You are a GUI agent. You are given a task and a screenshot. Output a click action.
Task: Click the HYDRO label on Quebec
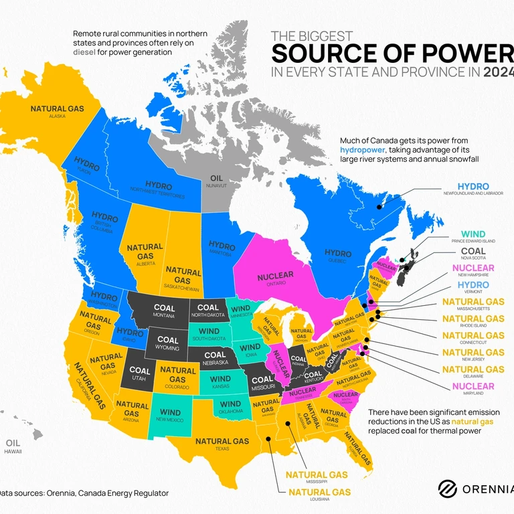337,253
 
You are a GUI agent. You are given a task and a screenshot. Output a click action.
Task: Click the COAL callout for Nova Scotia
473,251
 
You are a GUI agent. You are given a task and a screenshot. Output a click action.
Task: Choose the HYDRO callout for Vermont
473,285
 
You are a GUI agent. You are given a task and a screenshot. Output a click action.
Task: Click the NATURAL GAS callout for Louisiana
319,492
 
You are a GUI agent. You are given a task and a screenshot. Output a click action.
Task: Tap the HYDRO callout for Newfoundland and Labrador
473,186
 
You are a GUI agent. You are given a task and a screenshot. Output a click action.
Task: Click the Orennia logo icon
447,489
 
